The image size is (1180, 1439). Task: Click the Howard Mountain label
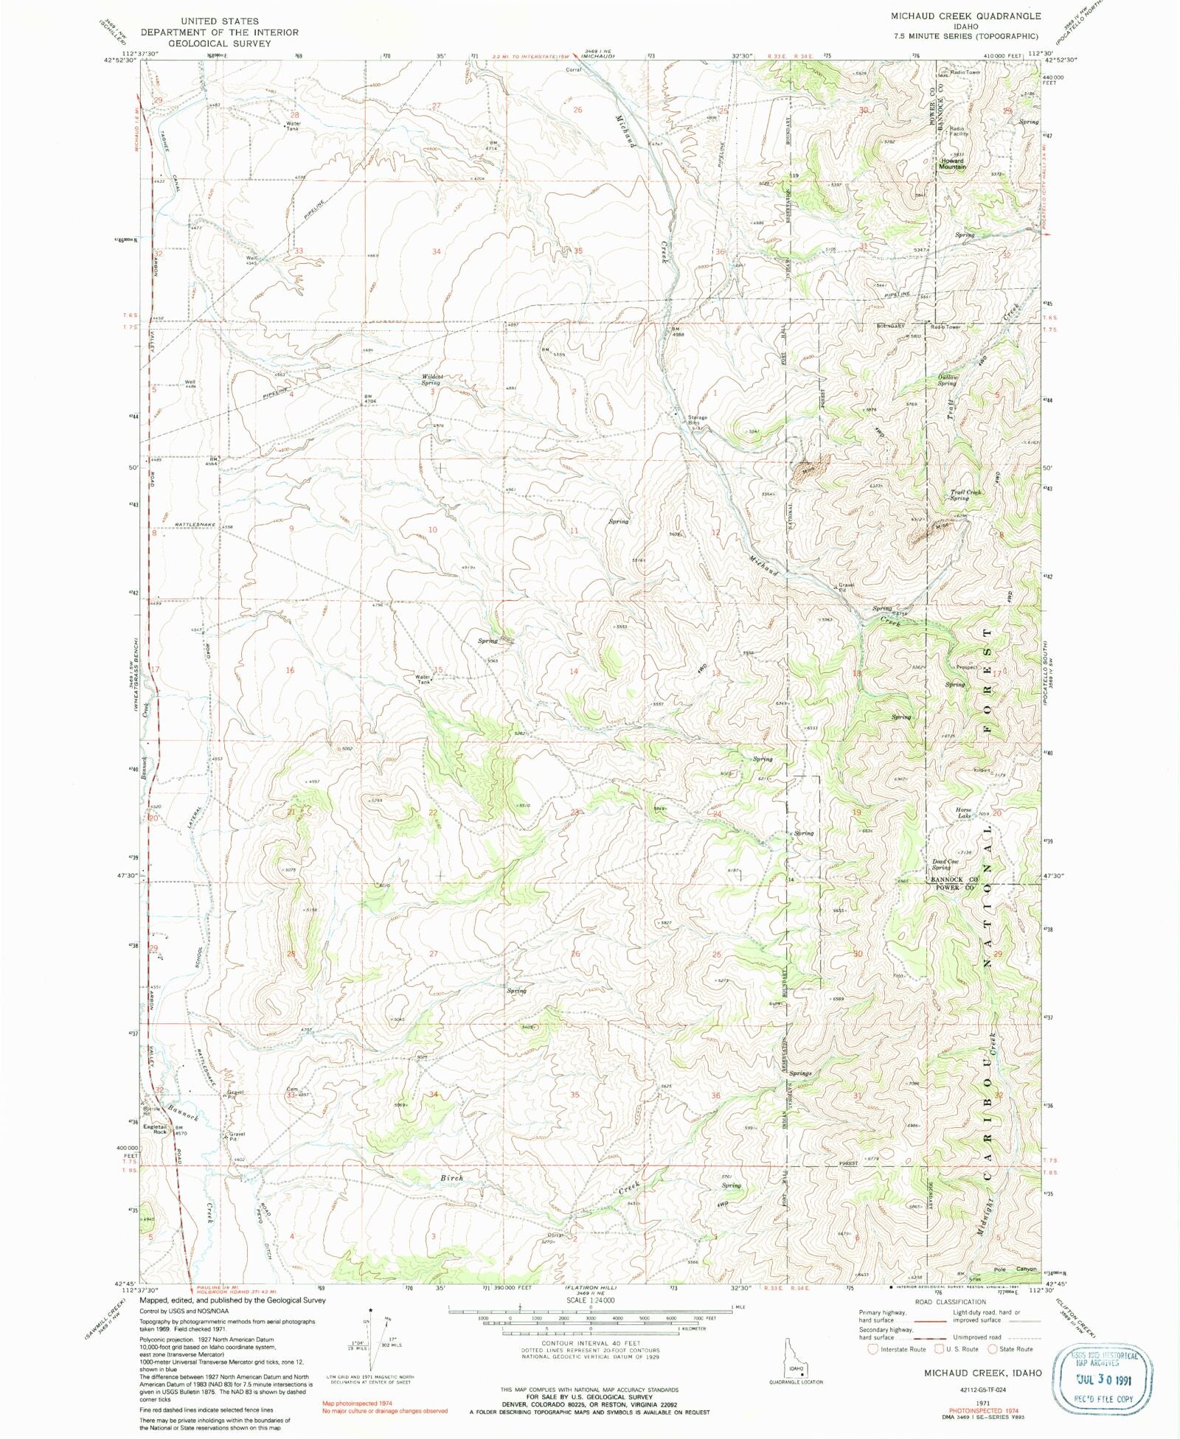click(952, 164)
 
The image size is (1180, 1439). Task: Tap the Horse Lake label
click(964, 813)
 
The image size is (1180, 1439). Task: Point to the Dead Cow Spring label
click(945, 864)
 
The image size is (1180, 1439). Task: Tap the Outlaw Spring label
click(947, 380)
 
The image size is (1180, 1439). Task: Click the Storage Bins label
click(698, 421)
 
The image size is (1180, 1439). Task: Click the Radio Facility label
click(959, 131)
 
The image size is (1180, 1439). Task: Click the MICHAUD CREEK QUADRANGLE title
click(965, 15)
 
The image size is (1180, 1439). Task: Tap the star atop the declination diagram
click(371, 1310)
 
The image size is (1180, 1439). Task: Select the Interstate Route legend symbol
click(873, 1349)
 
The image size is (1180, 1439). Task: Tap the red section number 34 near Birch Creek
click(434, 1094)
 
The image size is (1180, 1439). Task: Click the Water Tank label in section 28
click(294, 126)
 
